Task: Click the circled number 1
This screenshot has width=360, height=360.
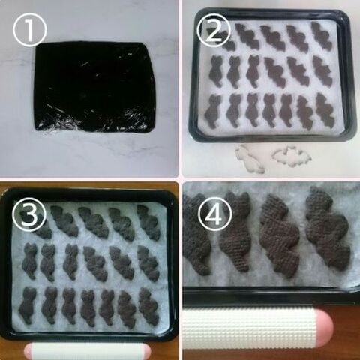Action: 30,29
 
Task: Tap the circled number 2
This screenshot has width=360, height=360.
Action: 214,30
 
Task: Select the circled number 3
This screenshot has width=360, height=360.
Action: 29,214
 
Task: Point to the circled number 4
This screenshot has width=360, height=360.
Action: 214,214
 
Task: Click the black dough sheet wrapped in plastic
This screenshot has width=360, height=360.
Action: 94,88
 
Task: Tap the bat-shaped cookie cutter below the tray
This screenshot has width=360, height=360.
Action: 292,157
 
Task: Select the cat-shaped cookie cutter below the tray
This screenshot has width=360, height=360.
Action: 250,160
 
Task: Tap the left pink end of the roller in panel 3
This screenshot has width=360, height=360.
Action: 28,351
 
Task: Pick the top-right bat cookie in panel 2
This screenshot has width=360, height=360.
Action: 322,35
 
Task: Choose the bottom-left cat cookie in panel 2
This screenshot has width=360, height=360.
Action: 213,111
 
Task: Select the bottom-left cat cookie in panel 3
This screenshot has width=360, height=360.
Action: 27,305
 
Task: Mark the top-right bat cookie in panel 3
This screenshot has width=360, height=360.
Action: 148,223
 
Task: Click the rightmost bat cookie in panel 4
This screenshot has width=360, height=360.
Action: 328,229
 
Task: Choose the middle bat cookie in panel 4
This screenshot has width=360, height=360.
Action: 280,236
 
